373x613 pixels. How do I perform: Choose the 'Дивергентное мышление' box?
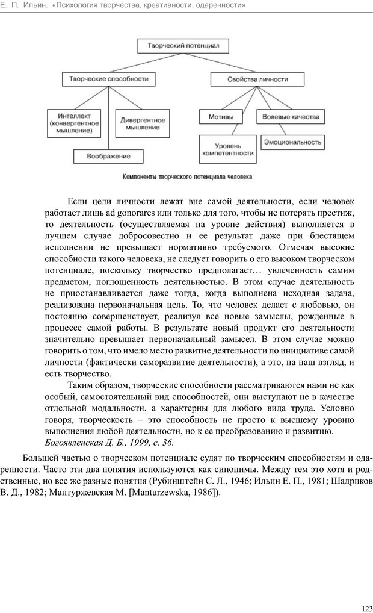click(x=143, y=123)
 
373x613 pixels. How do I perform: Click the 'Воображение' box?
click(x=109, y=157)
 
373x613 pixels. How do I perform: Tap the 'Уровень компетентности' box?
click(x=226, y=149)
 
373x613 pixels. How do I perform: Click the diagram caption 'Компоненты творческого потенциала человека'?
click(x=188, y=178)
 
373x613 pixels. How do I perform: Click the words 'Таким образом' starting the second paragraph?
click(x=97, y=385)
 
